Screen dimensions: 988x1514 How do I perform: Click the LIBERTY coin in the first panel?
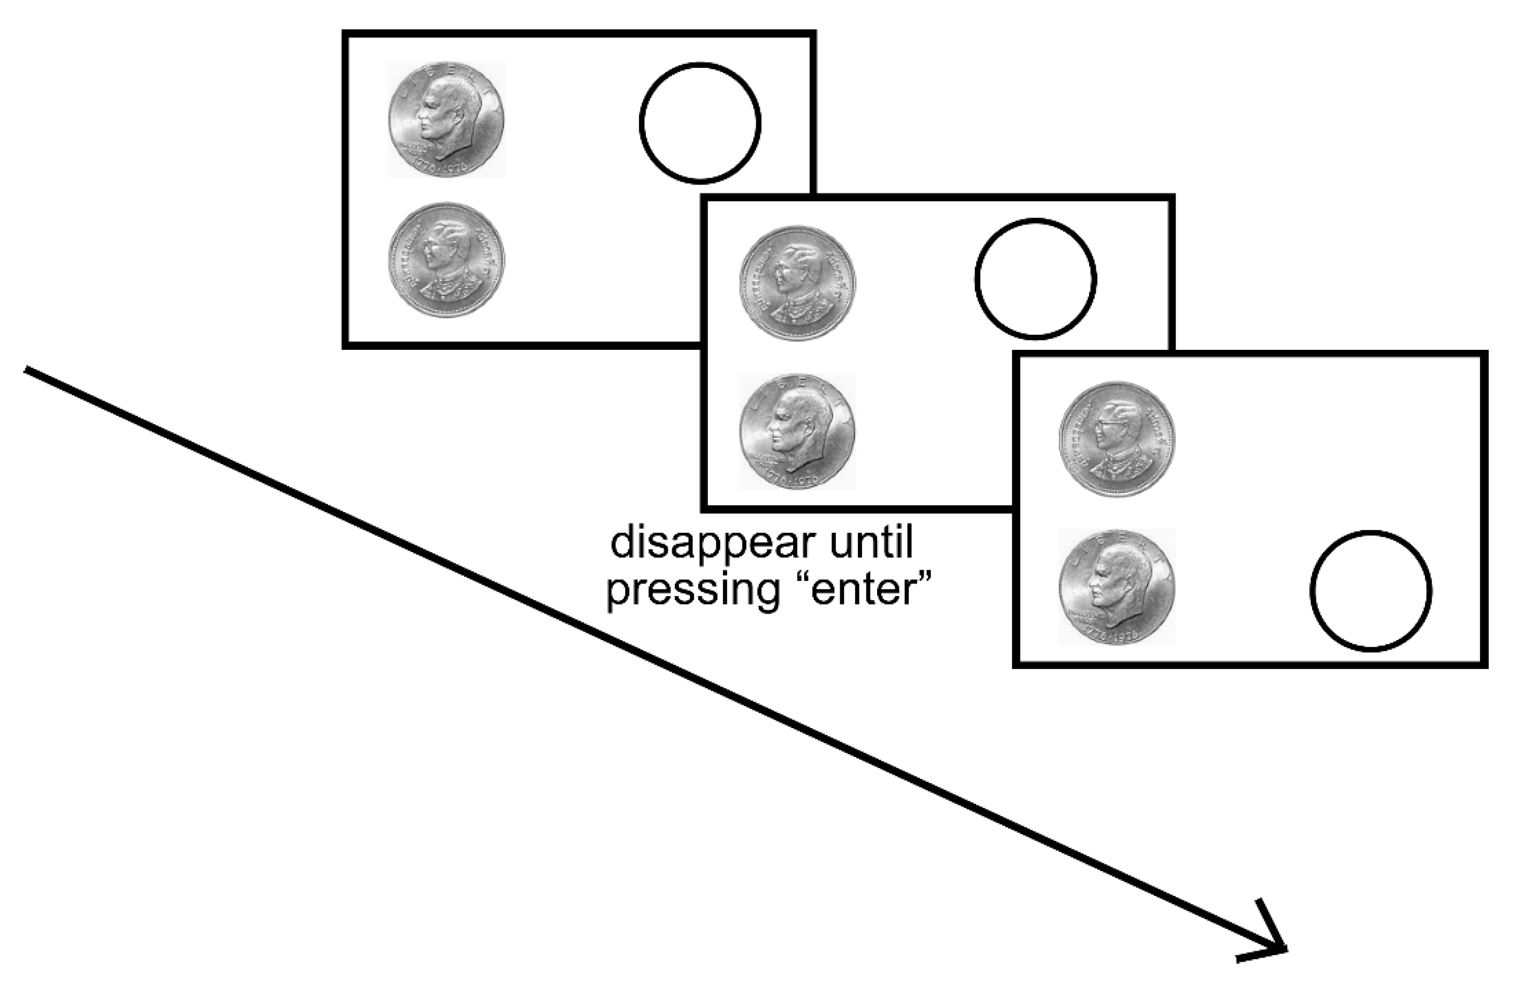(447, 119)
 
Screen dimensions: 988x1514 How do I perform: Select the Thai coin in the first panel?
(447, 259)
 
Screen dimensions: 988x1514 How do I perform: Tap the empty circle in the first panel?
(700, 121)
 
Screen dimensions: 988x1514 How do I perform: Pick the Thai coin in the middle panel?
(797, 283)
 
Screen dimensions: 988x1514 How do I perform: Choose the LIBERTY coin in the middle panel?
(797, 431)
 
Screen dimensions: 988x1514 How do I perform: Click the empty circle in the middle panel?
(1035, 279)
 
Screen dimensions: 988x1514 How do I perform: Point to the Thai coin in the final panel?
(1116, 439)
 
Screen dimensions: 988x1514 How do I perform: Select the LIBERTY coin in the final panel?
(1116, 587)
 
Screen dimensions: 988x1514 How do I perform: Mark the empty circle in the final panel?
(1371, 591)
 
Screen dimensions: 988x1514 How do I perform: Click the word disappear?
(712, 544)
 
